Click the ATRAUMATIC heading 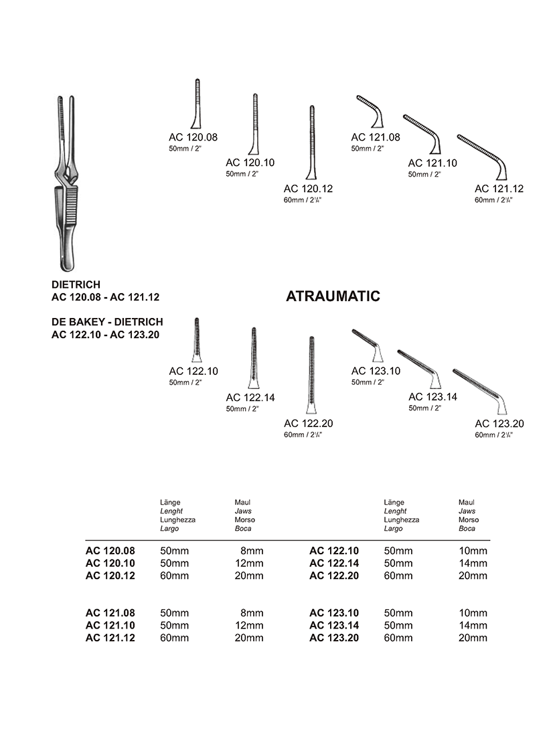[x=333, y=297]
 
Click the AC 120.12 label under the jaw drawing [x=308, y=189]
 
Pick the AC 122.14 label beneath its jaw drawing [x=250, y=398]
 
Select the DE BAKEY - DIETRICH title [x=107, y=322]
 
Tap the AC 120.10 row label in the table [x=110, y=563]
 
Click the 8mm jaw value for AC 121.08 [x=252, y=613]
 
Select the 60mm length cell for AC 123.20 [x=398, y=638]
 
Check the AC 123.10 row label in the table [x=334, y=613]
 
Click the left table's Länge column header [x=170, y=502]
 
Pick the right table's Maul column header [x=466, y=502]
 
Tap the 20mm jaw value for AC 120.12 [x=250, y=576]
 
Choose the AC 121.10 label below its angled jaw [x=432, y=163]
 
